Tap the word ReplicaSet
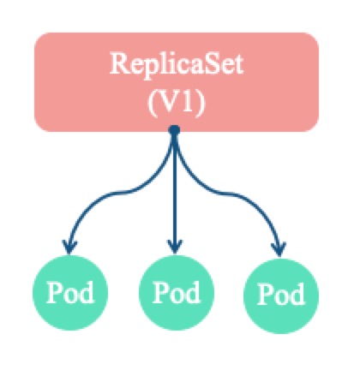coord(176,64)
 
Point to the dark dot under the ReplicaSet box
coord(174,130)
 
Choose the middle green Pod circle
coord(175,291)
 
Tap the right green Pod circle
coord(280,293)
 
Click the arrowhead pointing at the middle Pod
coord(174,245)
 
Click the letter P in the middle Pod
coord(159,291)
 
